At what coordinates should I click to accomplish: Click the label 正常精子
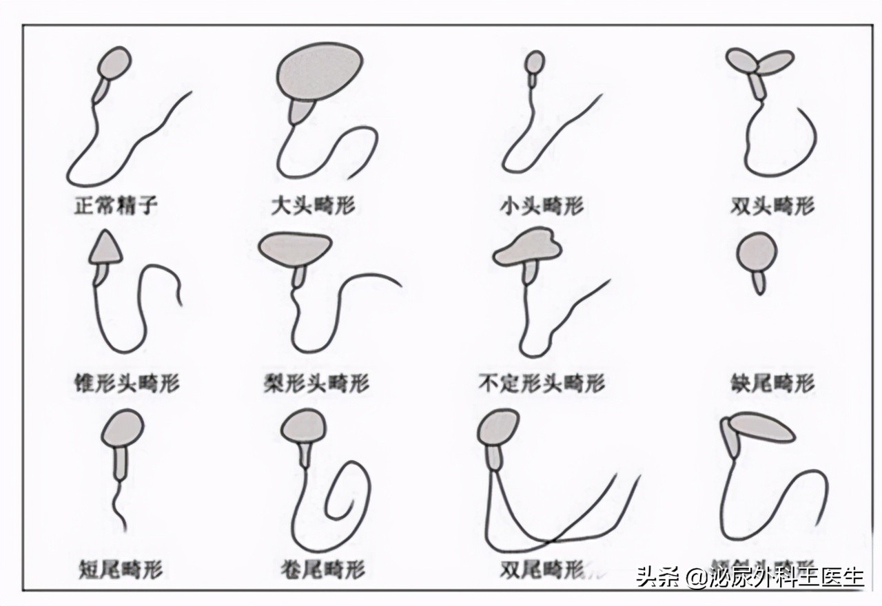[x=116, y=205]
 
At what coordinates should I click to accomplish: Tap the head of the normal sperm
[x=114, y=63]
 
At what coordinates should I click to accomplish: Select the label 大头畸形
[x=314, y=205]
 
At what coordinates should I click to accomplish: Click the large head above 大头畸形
[x=320, y=71]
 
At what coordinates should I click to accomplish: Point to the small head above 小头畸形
[x=535, y=62]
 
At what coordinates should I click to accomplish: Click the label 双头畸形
[x=772, y=205]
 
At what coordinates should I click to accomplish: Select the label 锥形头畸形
[x=126, y=382]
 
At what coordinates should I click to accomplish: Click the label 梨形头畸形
[x=316, y=382]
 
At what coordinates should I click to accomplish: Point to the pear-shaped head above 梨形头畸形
[x=296, y=247]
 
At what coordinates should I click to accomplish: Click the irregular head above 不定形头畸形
[x=529, y=248]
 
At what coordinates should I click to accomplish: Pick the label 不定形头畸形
[x=542, y=382]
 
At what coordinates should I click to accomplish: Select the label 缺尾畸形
[x=772, y=382]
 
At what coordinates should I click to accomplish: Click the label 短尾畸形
[x=121, y=569]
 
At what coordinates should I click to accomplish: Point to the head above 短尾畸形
[x=123, y=429]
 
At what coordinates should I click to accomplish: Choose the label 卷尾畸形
[x=322, y=569]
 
